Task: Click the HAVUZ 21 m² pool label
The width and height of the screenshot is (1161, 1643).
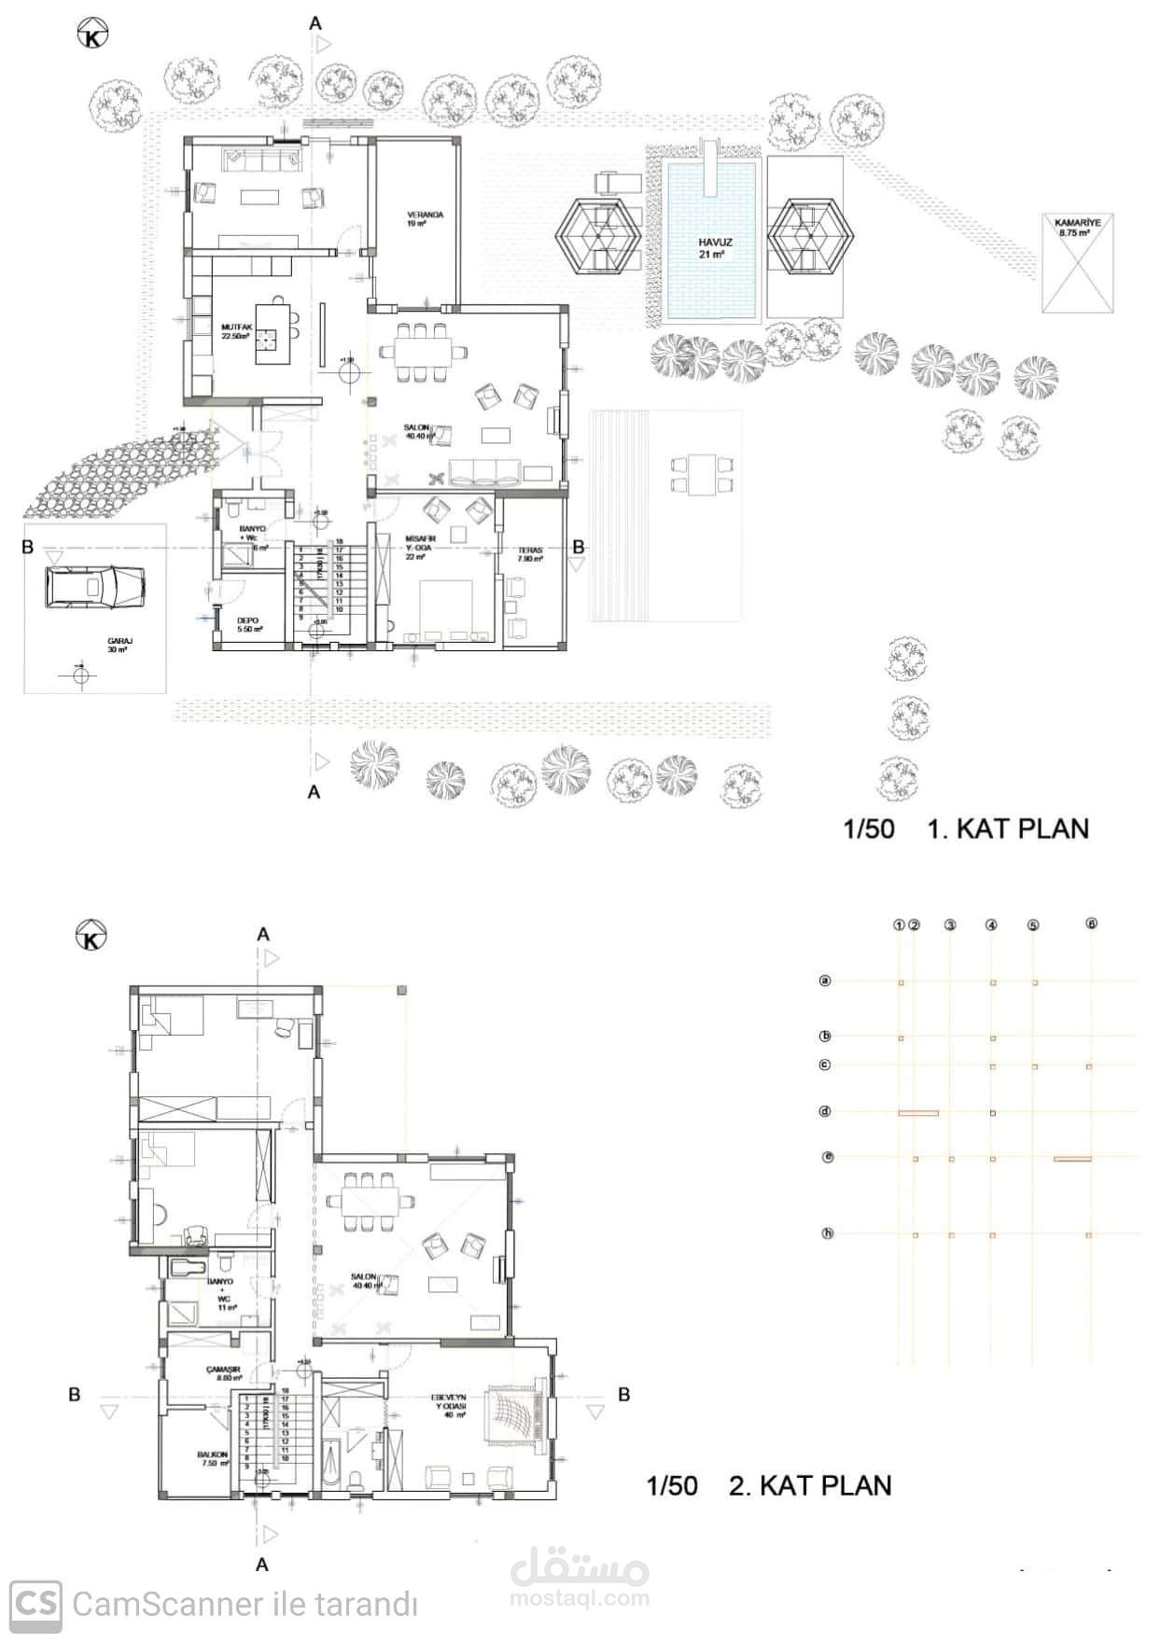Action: pos(715,247)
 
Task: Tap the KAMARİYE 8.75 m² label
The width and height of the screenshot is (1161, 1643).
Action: pos(1077,228)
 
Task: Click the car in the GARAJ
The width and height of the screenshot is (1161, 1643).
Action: pos(94,587)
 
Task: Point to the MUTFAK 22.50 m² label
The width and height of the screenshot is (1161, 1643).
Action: pos(237,331)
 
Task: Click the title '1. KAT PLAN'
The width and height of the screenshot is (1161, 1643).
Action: pos(1007,828)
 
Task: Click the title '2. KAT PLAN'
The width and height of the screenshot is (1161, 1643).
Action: pos(809,1485)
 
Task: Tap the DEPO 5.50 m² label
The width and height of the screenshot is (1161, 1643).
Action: pos(247,624)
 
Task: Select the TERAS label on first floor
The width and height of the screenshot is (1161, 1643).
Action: pos(530,554)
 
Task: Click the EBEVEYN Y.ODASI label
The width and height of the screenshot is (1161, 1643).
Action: pos(449,1402)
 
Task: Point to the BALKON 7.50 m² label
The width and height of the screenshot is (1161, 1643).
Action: pos(213,1459)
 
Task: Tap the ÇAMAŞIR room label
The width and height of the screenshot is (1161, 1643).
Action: pos(224,1372)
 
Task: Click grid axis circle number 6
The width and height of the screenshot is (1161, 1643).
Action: pos(1091,924)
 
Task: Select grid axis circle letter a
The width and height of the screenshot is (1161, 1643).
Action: pos(825,981)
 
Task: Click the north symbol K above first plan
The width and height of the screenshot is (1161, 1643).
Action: pos(92,36)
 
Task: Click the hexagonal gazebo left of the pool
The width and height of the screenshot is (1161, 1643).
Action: pos(597,234)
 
